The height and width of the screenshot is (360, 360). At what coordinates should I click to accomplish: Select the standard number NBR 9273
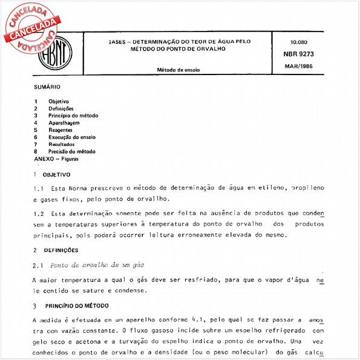tap(303, 53)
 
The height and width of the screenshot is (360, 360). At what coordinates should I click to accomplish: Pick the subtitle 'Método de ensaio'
tap(178, 70)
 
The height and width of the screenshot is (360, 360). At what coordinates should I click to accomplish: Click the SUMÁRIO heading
tap(47, 87)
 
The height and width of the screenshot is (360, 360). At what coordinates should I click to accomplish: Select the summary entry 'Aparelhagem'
tap(64, 122)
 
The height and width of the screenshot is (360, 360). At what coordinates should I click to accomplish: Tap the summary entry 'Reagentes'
tap(61, 129)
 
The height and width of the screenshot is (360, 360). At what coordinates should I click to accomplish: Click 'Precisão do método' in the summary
tap(71, 151)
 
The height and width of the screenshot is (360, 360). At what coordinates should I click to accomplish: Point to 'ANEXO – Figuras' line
tap(56, 159)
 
